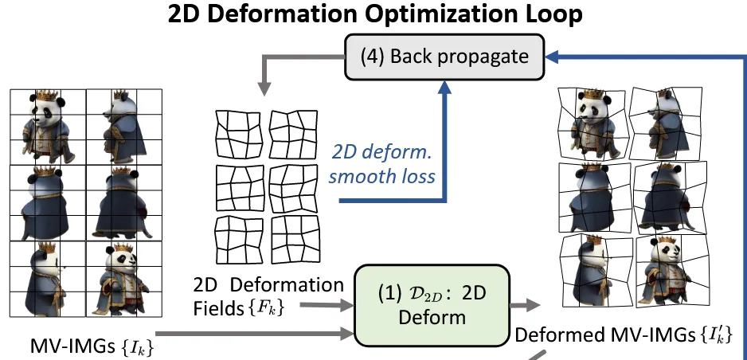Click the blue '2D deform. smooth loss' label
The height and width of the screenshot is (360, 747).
382,164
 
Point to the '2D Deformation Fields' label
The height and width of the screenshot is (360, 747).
268,294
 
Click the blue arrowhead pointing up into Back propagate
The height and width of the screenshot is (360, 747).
445,89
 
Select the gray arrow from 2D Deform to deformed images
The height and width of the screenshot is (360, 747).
522,304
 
